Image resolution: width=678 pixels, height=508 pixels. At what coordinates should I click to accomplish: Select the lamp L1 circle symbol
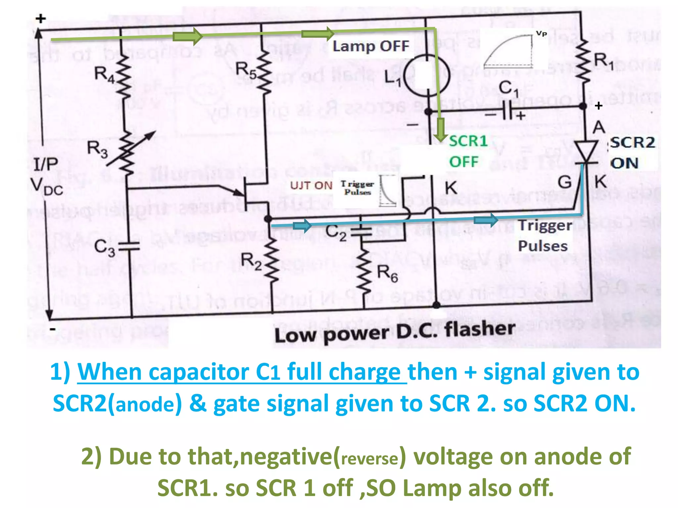427,75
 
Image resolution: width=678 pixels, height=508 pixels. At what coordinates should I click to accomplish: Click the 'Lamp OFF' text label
371,46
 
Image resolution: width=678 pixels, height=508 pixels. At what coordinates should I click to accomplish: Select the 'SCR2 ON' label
632,153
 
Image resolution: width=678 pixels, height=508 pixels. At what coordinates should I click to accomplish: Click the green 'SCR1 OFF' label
467,151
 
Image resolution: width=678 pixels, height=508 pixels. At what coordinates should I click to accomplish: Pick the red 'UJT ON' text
311,186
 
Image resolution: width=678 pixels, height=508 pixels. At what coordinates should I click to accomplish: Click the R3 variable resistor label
97,149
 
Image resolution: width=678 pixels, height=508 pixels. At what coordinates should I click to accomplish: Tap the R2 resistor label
251,261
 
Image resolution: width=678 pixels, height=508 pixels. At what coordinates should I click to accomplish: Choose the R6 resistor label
387,274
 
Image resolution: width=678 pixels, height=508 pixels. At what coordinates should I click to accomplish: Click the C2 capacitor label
336,233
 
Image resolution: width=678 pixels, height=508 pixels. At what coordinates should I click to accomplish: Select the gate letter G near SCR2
564,182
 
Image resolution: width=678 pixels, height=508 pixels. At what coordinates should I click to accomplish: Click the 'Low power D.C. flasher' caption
395,332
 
